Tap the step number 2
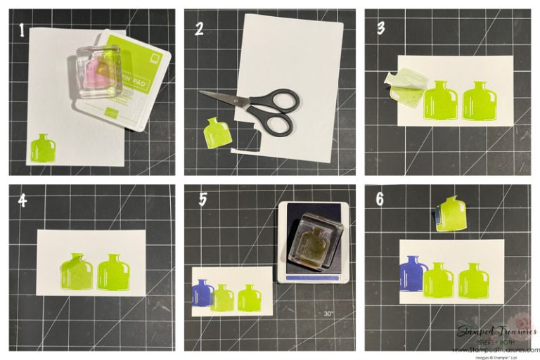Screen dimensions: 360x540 click(x=200, y=30)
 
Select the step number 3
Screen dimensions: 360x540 click(x=380, y=30)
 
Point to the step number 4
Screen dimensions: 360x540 click(x=23, y=200)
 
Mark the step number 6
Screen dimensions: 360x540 click(x=380, y=199)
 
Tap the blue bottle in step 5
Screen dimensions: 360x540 click(x=203, y=293)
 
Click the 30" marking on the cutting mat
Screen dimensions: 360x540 click(x=329, y=314)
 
